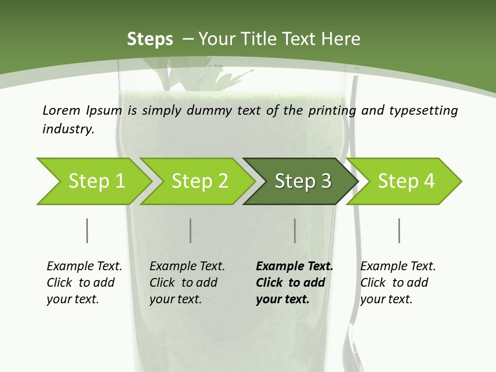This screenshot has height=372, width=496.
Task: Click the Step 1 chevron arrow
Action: [96, 181]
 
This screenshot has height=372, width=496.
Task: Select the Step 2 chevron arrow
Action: [199, 181]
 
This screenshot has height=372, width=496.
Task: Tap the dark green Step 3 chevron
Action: [302, 181]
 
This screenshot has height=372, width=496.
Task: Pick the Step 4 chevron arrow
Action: [406, 181]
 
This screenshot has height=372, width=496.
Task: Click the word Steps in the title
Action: [150, 39]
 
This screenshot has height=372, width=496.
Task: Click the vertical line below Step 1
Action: [87, 230]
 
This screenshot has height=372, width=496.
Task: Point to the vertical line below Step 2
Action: [191, 230]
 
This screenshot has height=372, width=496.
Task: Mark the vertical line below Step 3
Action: [295, 230]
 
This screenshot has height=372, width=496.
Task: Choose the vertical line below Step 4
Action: [399, 230]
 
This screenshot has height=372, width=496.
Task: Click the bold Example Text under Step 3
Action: [295, 267]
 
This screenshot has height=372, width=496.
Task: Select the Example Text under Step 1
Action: [84, 267]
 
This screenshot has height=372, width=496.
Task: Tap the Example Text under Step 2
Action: [187, 267]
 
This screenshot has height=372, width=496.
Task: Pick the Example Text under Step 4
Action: [398, 267]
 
